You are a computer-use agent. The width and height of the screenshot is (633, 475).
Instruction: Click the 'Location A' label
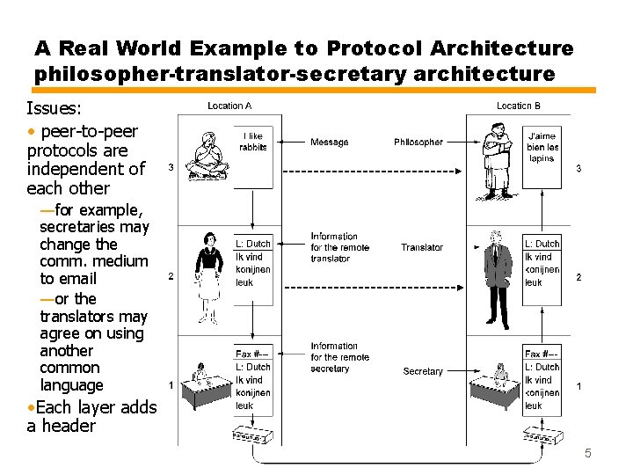[x=229, y=106]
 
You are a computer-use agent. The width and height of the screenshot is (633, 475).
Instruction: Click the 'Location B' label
[x=519, y=106]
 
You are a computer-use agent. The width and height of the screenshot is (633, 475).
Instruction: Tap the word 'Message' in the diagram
[x=329, y=142]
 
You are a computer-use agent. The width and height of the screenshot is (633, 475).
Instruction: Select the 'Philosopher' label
[x=418, y=142]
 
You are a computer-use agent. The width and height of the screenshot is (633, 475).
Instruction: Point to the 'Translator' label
[x=422, y=247]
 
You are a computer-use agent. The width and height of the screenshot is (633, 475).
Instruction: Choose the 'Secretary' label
[x=423, y=371]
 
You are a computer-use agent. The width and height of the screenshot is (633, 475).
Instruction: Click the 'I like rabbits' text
[x=253, y=142]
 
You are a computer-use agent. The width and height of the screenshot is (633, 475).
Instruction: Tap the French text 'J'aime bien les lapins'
[x=542, y=147]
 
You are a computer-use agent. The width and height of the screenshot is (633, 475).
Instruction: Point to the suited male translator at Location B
[x=498, y=277]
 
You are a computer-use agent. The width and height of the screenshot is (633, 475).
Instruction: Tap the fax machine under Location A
[x=252, y=435]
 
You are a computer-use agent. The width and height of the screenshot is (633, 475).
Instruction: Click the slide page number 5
[x=588, y=454]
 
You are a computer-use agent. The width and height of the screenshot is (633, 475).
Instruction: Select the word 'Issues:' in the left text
[x=55, y=108]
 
